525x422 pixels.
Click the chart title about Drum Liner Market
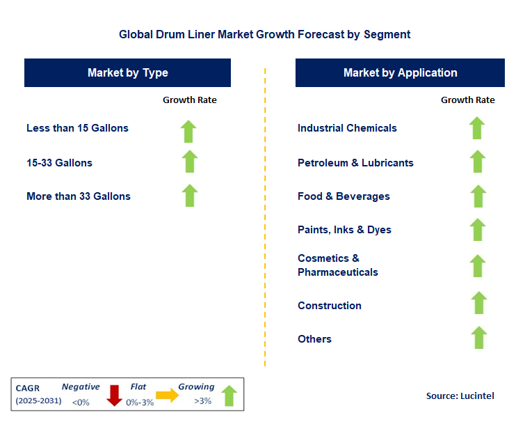tap(264, 34)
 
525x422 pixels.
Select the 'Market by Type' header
tap(127, 72)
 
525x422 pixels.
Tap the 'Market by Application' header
tap(400, 72)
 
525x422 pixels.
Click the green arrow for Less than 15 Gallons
tap(189, 130)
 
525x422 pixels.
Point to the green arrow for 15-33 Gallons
tap(189, 162)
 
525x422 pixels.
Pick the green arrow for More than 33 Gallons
tap(189, 196)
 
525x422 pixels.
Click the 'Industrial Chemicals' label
tap(347, 128)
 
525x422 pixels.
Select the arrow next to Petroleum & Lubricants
tap(477, 162)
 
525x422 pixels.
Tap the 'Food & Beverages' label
tap(344, 196)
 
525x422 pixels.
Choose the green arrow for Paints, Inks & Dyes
tap(477, 229)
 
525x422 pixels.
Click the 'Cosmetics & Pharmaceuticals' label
tap(338, 265)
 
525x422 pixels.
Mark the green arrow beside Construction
tap(478, 303)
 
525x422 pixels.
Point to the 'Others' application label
tap(314, 339)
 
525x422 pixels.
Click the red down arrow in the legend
tap(115, 395)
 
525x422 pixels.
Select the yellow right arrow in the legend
tap(167, 395)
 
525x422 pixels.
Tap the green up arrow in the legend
tap(229, 396)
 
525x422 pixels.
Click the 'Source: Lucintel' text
tap(460, 396)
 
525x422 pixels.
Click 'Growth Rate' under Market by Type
tap(189, 100)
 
